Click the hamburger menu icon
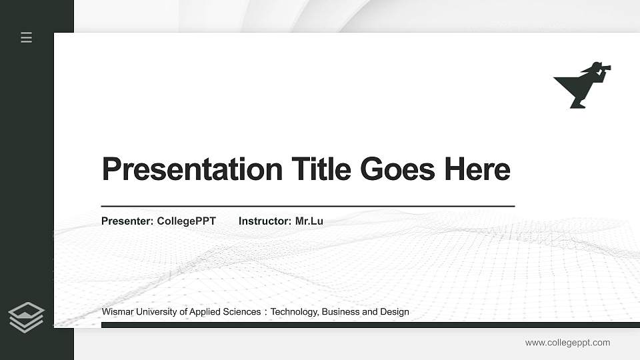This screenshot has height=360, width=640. pos(27,38)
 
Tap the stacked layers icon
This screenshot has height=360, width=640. pos(27,317)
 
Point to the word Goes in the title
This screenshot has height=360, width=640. pos(397,169)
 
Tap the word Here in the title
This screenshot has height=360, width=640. pos(477,169)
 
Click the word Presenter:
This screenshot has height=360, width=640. pos(127,221)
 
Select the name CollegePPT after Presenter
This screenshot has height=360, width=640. pos(187,221)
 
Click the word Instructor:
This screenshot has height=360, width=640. pos(265,221)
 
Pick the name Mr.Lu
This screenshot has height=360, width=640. pos(309,221)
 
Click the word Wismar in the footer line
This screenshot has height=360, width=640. pos(118,312)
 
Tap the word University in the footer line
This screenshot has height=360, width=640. pos(157,312)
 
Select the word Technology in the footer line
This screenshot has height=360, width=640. pos(294,312)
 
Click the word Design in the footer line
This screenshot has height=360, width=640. pos(395,312)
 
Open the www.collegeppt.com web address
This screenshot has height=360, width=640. pos(567,343)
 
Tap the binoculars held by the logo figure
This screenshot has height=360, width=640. pos(603,67)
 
